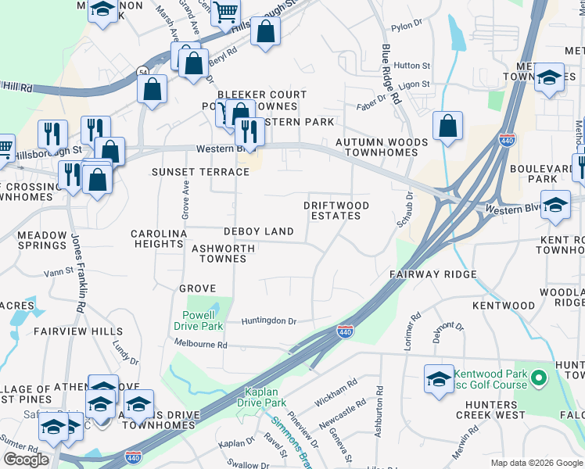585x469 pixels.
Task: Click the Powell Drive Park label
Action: pyautogui.click(x=197, y=320)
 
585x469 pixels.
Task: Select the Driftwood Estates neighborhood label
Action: pyautogui.click(x=336, y=210)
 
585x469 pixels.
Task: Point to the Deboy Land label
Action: pyautogui.click(x=258, y=231)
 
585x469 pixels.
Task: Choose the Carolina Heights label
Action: pyautogui.click(x=159, y=239)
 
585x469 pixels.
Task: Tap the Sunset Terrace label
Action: pyautogui.click(x=189, y=172)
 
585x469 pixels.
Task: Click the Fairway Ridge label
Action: pyautogui.click(x=433, y=275)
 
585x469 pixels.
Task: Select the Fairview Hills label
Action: pyautogui.click(x=78, y=331)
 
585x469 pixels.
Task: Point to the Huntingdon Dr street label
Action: pyautogui.click(x=269, y=320)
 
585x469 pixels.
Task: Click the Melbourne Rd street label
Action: pyautogui.click(x=201, y=344)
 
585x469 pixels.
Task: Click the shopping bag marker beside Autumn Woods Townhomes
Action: pyautogui.click(x=447, y=126)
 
